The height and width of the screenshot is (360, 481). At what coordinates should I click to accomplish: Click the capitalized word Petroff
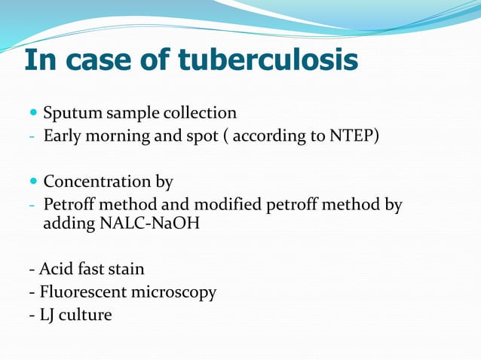[x=69, y=205]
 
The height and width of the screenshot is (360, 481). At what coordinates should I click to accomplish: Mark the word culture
[x=85, y=314]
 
